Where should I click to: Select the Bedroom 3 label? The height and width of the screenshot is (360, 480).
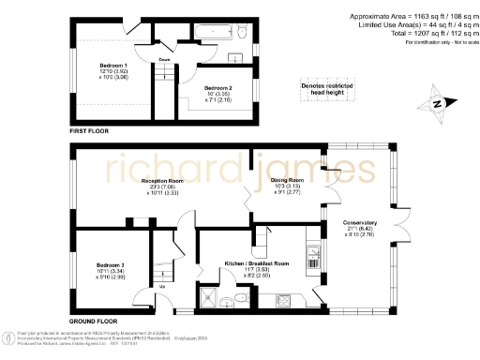(111, 265)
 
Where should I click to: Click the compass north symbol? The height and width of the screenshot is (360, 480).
(435, 105)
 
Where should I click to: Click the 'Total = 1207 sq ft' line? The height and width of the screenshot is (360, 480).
(411, 32)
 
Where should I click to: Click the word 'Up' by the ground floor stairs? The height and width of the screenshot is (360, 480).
(161, 286)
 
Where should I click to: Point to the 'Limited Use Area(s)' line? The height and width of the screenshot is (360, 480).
(410, 24)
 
